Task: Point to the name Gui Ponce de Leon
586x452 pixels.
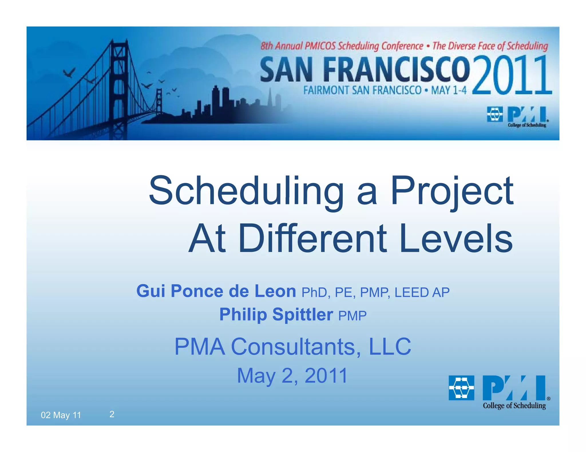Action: [x=216, y=291]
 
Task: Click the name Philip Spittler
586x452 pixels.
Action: [x=276, y=315]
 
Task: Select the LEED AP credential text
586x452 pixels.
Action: [x=422, y=292]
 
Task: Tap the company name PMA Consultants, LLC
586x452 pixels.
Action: [x=293, y=346]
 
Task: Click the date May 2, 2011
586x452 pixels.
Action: [x=292, y=375]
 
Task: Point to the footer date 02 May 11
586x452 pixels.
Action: [x=61, y=415]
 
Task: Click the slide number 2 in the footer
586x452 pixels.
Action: [x=112, y=414]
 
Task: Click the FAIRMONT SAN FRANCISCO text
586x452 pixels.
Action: [x=362, y=91]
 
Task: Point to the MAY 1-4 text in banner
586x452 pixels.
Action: [x=449, y=91]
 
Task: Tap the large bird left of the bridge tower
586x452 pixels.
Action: [x=70, y=73]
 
